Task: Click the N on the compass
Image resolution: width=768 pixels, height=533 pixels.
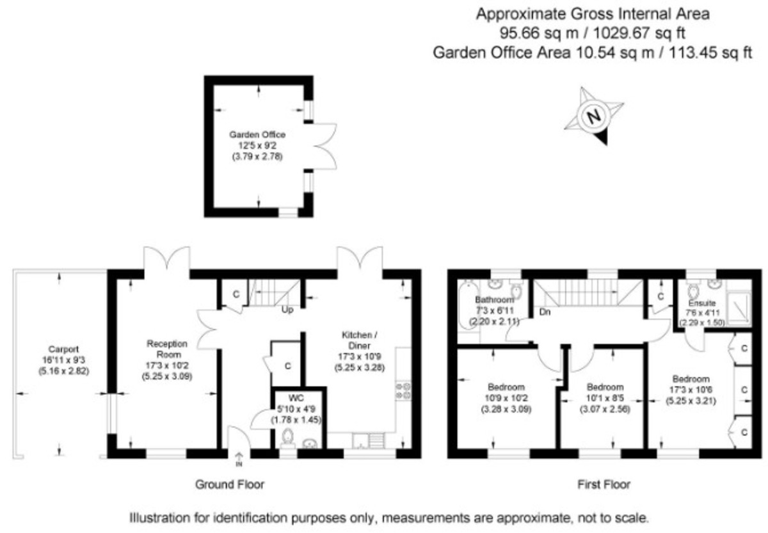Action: [x=594, y=116]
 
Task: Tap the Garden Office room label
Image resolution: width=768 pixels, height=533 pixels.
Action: [x=257, y=134]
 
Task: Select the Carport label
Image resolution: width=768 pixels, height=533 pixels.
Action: [x=63, y=349]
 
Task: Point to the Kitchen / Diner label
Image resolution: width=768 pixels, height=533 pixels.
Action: [x=359, y=340]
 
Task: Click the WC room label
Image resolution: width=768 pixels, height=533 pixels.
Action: [x=296, y=398]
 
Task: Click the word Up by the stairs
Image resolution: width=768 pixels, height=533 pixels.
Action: [x=287, y=310]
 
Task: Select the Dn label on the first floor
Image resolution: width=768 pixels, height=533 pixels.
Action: [x=545, y=312]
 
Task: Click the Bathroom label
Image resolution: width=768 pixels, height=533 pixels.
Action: [x=494, y=299]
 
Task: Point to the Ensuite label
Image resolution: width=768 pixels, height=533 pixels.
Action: [x=702, y=303]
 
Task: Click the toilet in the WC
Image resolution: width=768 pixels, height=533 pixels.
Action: [x=287, y=438]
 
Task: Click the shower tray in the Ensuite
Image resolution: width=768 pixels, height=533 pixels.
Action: [x=739, y=309]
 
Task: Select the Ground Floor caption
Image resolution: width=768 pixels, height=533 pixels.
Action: [x=230, y=484]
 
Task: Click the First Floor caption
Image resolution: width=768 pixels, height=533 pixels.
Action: [x=604, y=484]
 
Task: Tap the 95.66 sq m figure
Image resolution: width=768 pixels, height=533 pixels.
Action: [x=539, y=33]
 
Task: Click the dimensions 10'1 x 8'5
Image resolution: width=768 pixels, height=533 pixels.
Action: [x=605, y=398]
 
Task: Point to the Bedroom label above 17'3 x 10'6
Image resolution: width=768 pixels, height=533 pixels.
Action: [x=691, y=379]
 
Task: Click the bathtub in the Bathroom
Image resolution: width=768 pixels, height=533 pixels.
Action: [x=468, y=305]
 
